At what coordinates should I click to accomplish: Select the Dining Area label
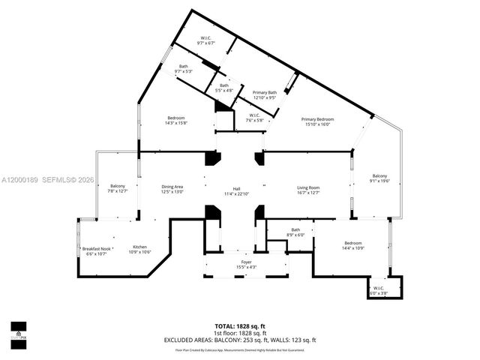tap(172, 189)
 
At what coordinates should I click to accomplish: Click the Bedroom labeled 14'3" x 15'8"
tap(176, 121)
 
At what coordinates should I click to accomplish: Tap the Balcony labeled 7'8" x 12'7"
tap(118, 188)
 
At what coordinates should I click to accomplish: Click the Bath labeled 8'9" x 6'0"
tap(295, 232)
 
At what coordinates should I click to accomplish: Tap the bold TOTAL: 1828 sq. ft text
tap(239, 326)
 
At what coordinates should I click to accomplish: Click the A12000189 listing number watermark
tap(20, 179)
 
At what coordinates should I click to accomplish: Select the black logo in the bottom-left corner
tap(18, 330)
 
